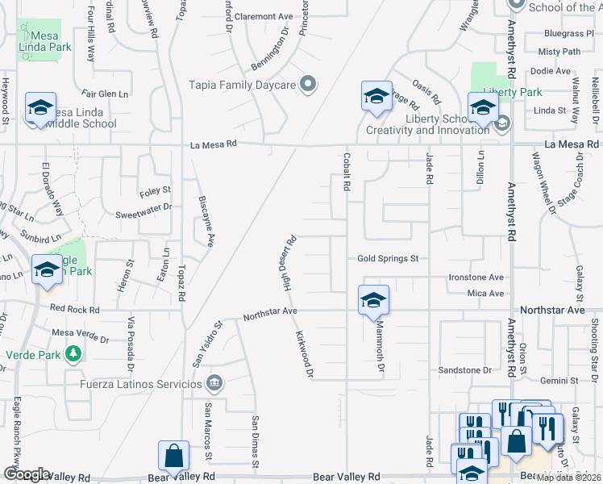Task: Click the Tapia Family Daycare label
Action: tap(242, 84)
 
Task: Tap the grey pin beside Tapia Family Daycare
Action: tap(307, 83)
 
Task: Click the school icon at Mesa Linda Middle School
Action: tap(40, 108)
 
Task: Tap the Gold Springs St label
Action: tap(388, 259)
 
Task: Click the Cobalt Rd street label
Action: tap(346, 172)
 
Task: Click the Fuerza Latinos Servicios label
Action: tap(142, 383)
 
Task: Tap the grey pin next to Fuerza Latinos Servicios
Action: tap(214, 382)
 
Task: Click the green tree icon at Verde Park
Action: tap(73, 353)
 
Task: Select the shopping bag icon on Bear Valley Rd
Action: tap(173, 457)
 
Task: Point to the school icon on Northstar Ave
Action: tap(373, 300)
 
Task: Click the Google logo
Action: tap(27, 474)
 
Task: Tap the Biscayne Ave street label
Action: tap(203, 221)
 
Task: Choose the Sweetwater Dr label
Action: tap(143, 207)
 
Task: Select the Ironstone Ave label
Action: tap(476, 277)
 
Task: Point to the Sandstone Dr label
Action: tap(464, 370)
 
